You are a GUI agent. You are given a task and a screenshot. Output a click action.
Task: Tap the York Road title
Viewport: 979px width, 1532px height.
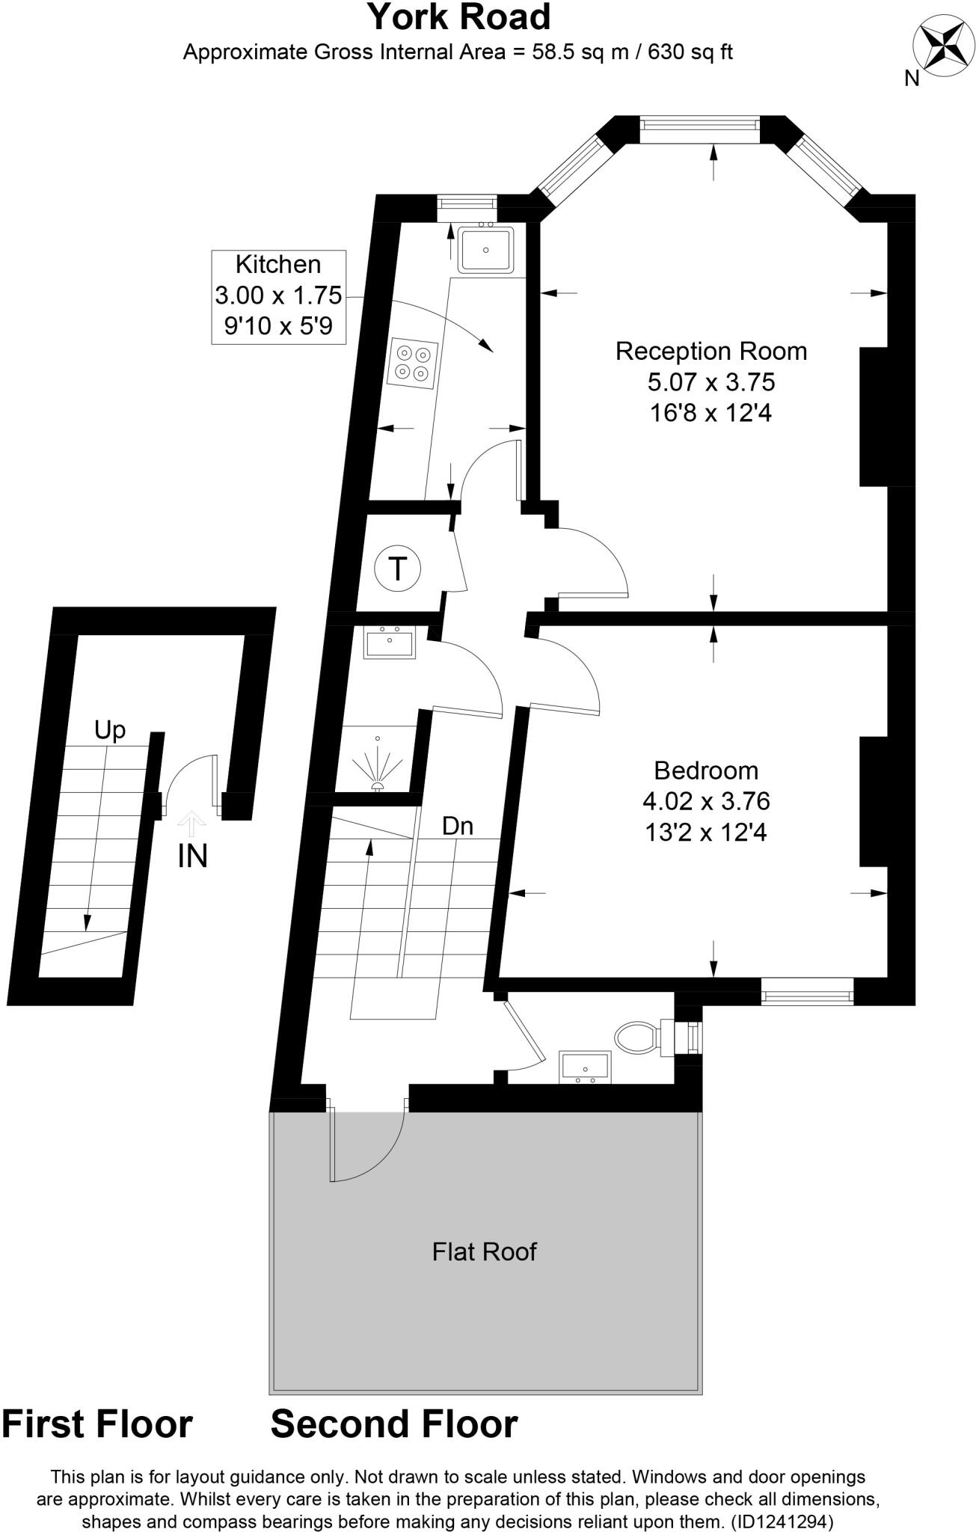[458, 17]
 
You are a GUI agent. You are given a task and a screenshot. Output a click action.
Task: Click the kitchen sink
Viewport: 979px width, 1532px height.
[486, 249]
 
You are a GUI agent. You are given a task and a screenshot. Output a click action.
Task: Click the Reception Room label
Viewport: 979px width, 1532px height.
[711, 351]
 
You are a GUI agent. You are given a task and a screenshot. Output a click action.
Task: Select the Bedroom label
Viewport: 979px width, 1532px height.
[705, 770]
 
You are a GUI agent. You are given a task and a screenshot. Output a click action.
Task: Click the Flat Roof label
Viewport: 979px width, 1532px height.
[484, 1251]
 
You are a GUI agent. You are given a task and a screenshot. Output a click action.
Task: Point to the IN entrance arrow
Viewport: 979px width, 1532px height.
[192, 824]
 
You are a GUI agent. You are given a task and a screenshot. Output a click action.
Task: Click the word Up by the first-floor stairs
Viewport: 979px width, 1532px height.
[110, 730]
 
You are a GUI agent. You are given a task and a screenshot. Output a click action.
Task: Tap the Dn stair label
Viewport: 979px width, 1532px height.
[458, 826]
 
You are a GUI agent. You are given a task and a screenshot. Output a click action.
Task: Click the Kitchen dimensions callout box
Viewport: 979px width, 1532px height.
[278, 296]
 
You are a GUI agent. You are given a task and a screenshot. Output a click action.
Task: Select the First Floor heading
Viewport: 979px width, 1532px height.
[97, 1424]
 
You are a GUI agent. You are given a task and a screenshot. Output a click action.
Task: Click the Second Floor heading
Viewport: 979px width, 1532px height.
[393, 1424]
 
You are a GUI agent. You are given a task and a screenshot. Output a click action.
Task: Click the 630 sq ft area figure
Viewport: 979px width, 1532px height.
[690, 52]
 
